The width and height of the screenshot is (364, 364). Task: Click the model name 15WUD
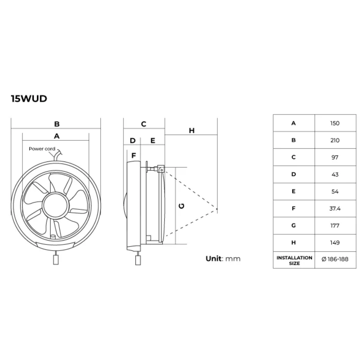point(29,99)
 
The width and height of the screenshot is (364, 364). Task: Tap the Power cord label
point(42,149)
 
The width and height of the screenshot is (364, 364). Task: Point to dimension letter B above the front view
point(57,124)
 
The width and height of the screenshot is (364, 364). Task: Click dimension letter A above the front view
point(57,136)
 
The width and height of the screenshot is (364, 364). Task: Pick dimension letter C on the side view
point(144,124)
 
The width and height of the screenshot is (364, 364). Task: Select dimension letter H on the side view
point(192,130)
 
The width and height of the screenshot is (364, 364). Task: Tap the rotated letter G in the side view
point(182,206)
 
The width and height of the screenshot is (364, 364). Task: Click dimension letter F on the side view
point(134,155)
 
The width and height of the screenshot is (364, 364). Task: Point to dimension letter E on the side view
point(153,141)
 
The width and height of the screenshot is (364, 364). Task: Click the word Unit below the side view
point(213,258)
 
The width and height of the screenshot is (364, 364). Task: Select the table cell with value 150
point(335,123)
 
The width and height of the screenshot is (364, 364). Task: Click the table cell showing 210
point(335,140)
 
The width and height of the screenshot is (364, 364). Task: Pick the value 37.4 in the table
point(335,209)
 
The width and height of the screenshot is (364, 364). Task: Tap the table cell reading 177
point(335,226)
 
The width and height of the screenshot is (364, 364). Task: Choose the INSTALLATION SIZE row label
point(294,260)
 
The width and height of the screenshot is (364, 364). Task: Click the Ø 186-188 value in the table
point(335,259)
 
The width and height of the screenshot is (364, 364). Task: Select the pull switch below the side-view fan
point(138,260)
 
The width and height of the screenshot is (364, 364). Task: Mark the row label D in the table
point(293,174)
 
